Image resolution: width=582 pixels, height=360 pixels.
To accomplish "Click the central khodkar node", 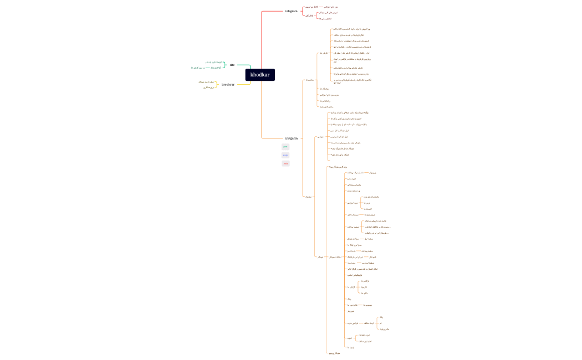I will (260, 75).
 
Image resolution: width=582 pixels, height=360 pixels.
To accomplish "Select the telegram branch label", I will (291, 11).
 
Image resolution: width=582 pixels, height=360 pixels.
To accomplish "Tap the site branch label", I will (232, 65).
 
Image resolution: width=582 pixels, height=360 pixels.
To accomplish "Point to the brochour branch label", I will (228, 85).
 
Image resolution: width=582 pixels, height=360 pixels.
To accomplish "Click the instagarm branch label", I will (292, 138).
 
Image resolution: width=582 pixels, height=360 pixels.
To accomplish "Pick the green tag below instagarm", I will (285, 147).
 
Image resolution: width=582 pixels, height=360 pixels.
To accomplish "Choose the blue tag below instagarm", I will (285, 155).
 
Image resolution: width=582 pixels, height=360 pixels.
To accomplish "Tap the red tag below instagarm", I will (285, 163).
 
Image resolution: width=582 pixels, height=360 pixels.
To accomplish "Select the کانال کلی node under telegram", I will (308, 16).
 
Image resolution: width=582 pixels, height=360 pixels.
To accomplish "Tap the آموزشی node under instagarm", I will (320, 136).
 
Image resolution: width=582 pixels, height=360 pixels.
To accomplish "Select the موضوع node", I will (309, 197).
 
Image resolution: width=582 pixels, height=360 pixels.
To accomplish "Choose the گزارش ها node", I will (351, 287).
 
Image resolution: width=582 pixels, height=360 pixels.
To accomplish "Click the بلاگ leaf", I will (349, 299).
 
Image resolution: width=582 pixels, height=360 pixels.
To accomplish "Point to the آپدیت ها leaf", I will (350, 347).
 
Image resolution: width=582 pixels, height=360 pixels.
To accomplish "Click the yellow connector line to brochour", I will (242, 84).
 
